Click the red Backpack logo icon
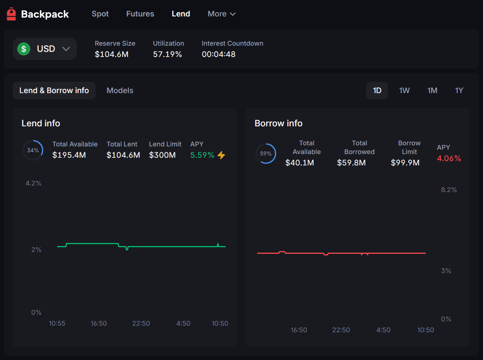11,14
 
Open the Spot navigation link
100,14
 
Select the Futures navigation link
140,14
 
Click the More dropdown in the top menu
221,14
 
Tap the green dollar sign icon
24,49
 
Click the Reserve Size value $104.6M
111,54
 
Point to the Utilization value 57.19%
167,54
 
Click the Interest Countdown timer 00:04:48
218,54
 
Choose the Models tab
120,91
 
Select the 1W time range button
404,91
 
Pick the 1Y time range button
459,91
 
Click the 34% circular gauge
33,150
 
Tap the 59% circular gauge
265,154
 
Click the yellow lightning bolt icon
221,155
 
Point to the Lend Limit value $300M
162,155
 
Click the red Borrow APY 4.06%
449,158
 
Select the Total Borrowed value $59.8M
351,163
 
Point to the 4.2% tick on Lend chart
34,183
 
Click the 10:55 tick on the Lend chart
57,323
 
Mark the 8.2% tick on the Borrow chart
449,190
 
